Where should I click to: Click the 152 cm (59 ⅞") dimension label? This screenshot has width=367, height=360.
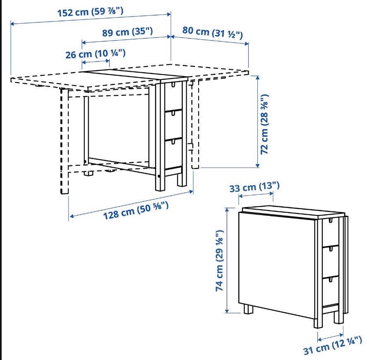pyautogui.click(x=90, y=12)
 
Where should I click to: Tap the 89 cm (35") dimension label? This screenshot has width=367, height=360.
pyautogui.click(x=127, y=31)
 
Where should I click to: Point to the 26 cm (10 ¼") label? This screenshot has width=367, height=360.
pyautogui.click(x=95, y=54)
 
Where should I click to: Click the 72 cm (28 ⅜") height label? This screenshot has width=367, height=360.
pyautogui.click(x=264, y=124)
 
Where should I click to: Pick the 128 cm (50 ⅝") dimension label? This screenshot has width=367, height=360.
pyautogui.click(x=136, y=210)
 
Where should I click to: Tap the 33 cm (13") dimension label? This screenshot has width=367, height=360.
pyautogui.click(x=254, y=187)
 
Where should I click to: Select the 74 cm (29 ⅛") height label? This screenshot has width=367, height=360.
pyautogui.click(x=220, y=261)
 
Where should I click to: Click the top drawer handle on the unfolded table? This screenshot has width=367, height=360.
pyautogui.click(x=173, y=85)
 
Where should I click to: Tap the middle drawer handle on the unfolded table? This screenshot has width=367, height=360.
pyautogui.click(x=173, y=114)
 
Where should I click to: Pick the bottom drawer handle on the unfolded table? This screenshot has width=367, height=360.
pyautogui.click(x=173, y=142)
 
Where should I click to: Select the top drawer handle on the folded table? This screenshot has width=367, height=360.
pyautogui.click(x=331, y=220)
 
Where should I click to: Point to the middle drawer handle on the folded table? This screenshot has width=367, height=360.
pyautogui.click(x=331, y=249)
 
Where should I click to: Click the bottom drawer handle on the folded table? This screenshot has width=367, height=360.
pyautogui.click(x=331, y=280)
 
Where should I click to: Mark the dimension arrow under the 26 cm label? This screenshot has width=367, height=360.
pyautogui.click(x=96, y=62)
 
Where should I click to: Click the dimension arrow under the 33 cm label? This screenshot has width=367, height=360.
pyautogui.click(x=256, y=195)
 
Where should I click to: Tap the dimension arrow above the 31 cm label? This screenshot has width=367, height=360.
pyautogui.click(x=330, y=336)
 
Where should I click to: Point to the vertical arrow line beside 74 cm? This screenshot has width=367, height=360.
pyautogui.click(x=227, y=260)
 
